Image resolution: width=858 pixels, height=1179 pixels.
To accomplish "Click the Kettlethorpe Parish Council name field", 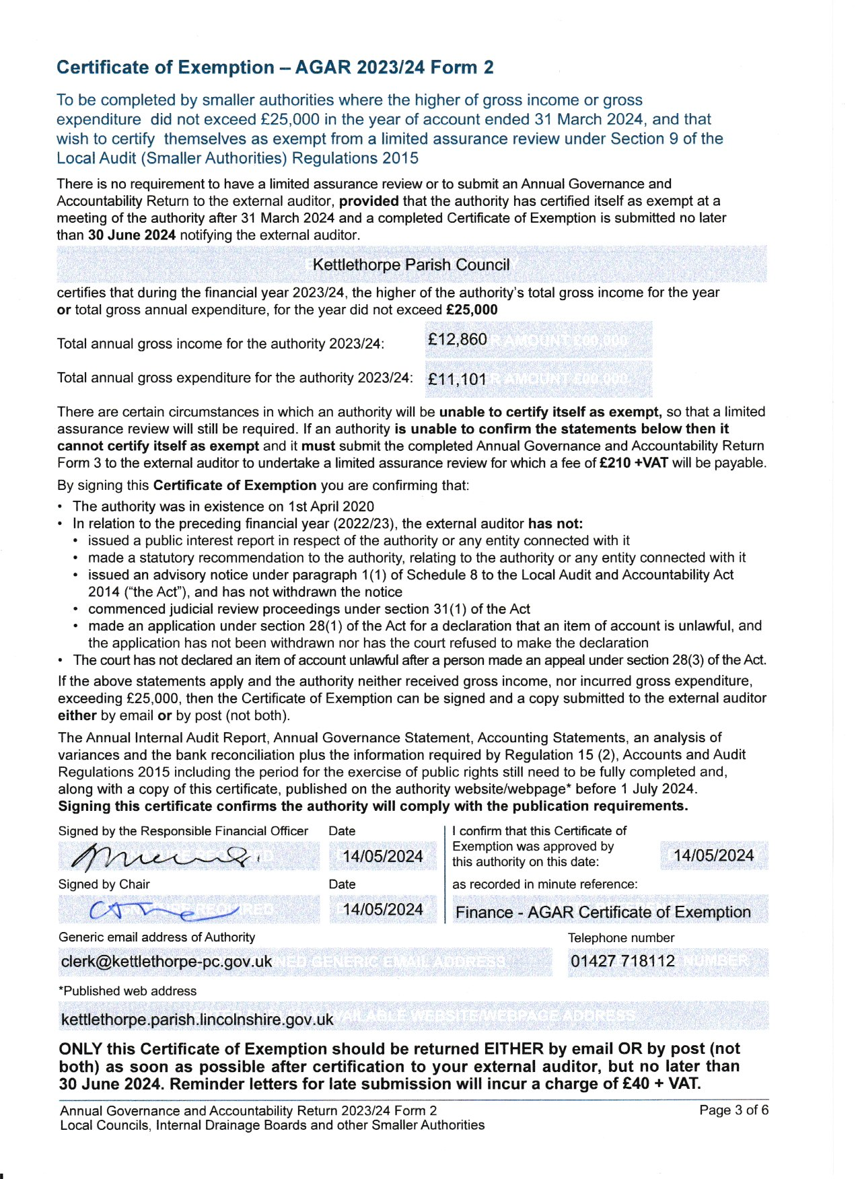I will pyautogui.click(x=411, y=264).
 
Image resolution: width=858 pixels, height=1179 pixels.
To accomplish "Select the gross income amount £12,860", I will pyautogui.click(x=457, y=339).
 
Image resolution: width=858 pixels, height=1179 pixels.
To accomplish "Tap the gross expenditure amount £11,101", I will pyautogui.click(x=457, y=379).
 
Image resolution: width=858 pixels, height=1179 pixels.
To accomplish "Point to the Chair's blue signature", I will pyautogui.click(x=162, y=910).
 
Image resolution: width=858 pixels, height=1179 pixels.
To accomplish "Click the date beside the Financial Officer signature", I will pyautogui.click(x=382, y=857).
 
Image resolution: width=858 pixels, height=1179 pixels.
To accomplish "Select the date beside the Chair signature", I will pyautogui.click(x=382, y=910).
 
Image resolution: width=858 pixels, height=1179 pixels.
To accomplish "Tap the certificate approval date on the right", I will pyautogui.click(x=713, y=856).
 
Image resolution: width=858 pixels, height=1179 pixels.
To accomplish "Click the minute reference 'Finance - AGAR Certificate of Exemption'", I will pyautogui.click(x=603, y=913).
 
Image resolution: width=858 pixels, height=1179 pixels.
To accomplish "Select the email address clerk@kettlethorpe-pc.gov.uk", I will pyautogui.click(x=166, y=962).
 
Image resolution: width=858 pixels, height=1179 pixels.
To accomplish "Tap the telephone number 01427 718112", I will pyautogui.click(x=622, y=962).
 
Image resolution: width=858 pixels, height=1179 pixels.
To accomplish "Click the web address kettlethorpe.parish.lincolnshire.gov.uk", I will pyautogui.click(x=197, y=1020).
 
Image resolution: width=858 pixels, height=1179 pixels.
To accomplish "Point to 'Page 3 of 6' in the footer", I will pyautogui.click(x=734, y=1110).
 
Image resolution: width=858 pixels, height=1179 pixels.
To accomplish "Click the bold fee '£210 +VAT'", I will pyautogui.click(x=633, y=463).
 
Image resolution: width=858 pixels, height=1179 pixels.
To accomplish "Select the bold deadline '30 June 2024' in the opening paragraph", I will pyautogui.click(x=132, y=235).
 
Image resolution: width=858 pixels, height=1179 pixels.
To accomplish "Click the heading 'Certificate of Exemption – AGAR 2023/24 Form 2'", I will pyautogui.click(x=275, y=67).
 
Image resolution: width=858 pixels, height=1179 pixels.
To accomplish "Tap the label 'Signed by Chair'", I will pyautogui.click(x=104, y=884).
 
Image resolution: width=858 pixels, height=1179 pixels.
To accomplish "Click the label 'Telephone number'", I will pyautogui.click(x=620, y=937).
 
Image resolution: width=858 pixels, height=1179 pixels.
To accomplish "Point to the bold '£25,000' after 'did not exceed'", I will pyautogui.click(x=472, y=310).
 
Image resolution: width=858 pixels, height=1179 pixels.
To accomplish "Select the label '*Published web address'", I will pyautogui.click(x=128, y=991).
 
